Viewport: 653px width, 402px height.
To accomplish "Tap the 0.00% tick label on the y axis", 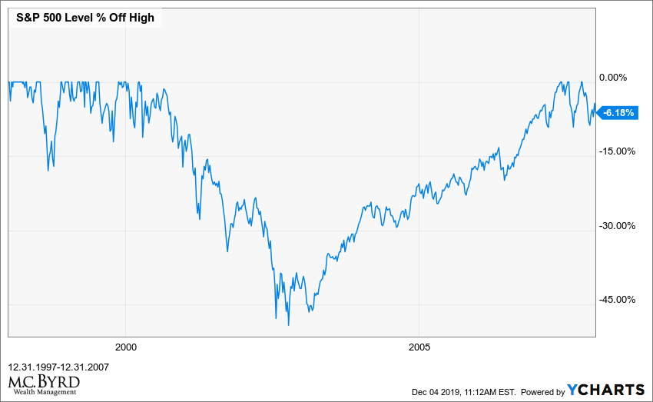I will tap(613, 77).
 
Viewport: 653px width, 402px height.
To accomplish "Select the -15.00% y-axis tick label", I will tap(616, 151).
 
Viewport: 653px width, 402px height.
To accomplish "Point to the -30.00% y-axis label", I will tap(616, 226).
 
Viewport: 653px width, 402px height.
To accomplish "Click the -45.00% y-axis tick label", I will tap(616, 300).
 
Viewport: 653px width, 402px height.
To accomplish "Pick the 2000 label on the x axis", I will tap(124, 347).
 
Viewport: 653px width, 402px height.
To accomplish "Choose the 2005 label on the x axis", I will tap(418, 347).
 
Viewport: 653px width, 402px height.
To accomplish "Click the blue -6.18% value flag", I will tap(618, 113).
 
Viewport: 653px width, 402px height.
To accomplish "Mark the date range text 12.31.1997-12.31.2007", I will tap(58, 367).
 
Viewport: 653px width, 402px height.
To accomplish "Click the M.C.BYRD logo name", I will tap(44, 381).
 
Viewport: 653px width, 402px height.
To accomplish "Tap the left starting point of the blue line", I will tap(8, 81).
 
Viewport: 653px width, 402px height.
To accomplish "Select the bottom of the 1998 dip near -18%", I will tap(48, 170).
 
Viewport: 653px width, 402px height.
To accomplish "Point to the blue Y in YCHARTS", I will tap(573, 390).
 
